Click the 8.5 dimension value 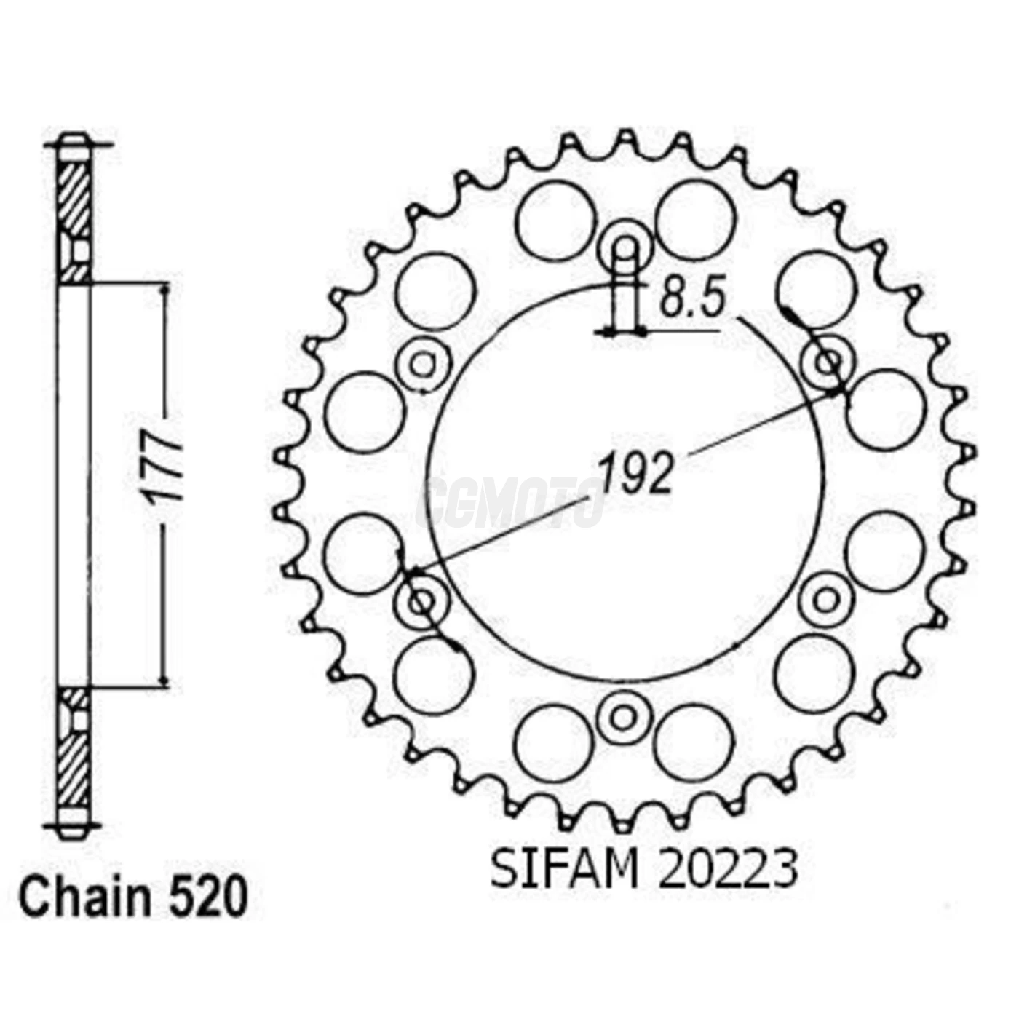tap(692, 299)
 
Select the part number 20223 tap(727, 869)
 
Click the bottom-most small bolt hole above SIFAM tap(623, 717)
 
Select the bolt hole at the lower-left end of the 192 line tap(421, 601)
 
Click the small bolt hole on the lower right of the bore tap(826, 600)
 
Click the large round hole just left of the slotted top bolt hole tap(555, 220)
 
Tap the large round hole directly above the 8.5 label tap(695, 220)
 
